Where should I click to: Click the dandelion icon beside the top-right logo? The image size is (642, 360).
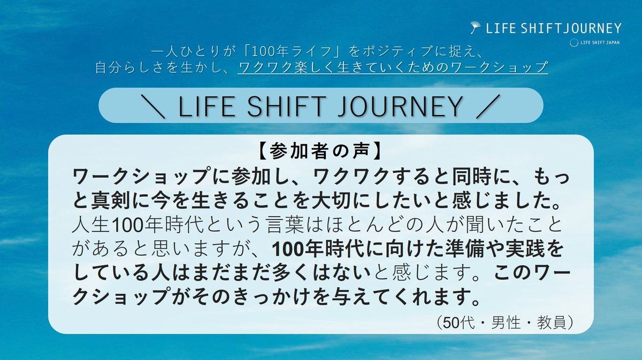[476, 27]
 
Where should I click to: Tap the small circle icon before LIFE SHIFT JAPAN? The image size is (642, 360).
[574, 43]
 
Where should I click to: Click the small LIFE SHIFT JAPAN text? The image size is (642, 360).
[600, 43]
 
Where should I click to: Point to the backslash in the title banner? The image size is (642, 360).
[153, 106]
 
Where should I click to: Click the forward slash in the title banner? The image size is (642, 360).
[488, 106]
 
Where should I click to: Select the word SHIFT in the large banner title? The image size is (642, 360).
[287, 106]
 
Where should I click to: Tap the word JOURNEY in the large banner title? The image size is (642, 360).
[400, 106]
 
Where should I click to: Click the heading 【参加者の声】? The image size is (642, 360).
[320, 151]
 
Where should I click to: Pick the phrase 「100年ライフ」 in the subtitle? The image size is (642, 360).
[293, 51]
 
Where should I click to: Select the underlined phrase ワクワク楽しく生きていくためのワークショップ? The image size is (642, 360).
[393, 67]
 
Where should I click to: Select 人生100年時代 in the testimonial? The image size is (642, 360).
[137, 225]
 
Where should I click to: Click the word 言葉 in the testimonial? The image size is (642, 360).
[284, 225]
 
